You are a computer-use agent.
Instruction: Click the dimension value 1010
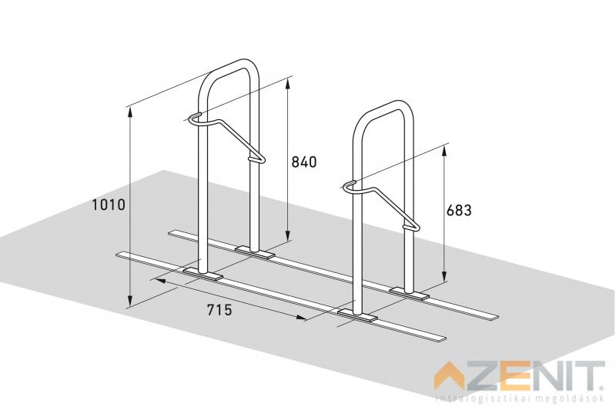click(109, 205)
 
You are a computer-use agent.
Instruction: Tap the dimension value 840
click(303, 162)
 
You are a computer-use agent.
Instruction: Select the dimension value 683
click(459, 210)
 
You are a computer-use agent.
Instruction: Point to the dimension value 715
click(219, 310)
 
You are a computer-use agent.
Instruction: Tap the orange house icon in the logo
click(450, 378)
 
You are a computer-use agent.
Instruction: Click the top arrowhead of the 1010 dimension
click(130, 112)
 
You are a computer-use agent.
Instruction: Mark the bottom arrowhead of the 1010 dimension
click(130, 302)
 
